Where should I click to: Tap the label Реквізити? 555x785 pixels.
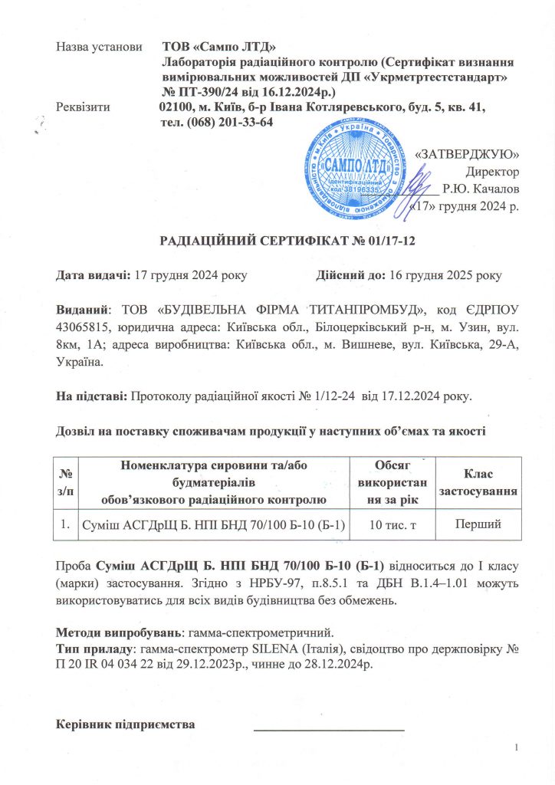coord(84,108)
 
